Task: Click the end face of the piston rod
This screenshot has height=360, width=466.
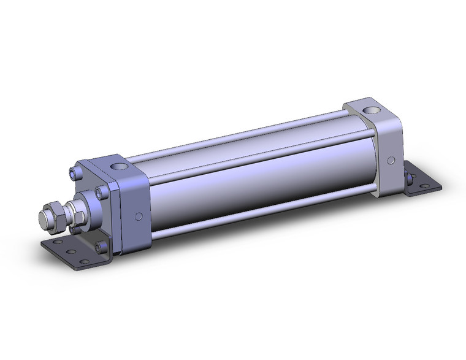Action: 44,218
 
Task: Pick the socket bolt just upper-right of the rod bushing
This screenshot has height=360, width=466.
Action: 100,194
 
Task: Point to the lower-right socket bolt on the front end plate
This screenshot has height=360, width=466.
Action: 101,247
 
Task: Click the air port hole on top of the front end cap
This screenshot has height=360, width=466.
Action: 118,166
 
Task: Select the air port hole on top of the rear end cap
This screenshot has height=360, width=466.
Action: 370,111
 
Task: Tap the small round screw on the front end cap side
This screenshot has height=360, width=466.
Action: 139,216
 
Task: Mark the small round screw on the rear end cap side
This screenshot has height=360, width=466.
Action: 390,161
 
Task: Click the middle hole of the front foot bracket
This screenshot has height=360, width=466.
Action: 72,252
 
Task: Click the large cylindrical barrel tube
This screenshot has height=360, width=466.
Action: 258,178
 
